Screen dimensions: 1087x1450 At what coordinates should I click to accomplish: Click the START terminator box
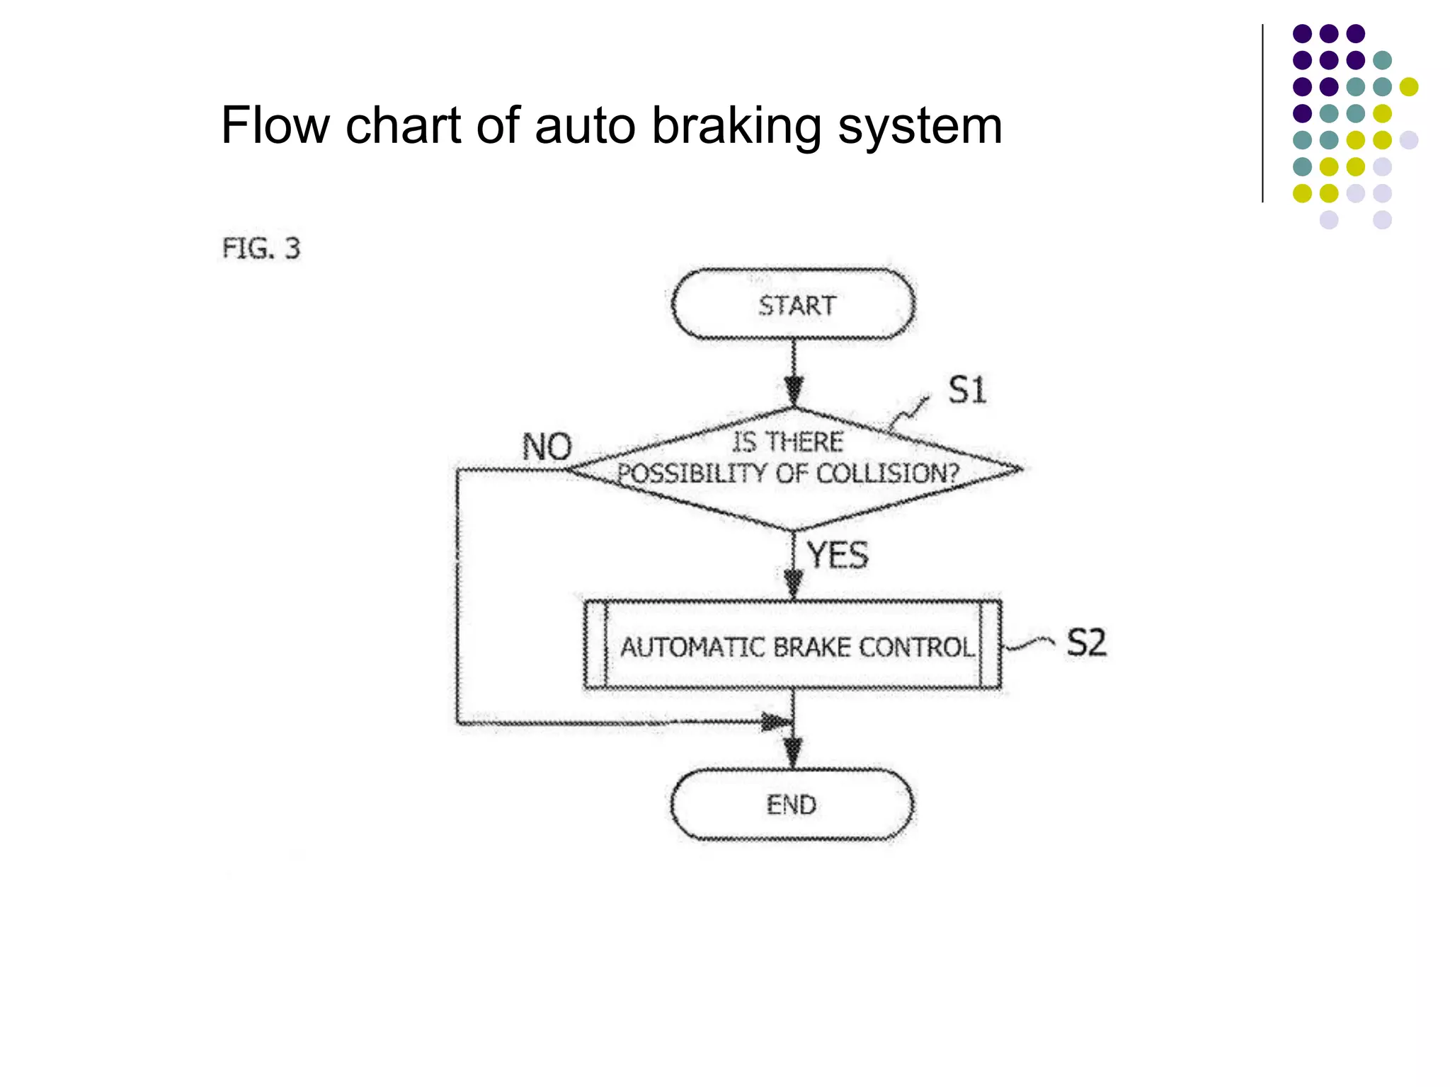tap(793, 304)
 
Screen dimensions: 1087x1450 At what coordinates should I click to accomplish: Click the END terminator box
tap(792, 805)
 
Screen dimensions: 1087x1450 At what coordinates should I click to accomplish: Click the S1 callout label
tap(966, 390)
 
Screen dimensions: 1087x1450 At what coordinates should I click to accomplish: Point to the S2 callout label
tap(1086, 643)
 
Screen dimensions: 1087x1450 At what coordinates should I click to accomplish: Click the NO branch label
tap(547, 447)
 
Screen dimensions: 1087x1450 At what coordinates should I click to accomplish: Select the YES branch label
tap(838, 555)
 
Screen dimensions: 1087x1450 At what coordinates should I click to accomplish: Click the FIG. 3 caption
tap(261, 248)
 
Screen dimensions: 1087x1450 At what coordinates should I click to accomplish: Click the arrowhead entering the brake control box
tap(794, 584)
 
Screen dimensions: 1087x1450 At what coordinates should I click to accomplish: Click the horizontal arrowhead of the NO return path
tap(775, 723)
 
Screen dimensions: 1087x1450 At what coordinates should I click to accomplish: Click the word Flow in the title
tap(275, 125)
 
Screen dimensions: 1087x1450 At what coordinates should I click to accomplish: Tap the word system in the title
tap(920, 125)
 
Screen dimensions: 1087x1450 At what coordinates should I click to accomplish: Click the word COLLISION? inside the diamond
tap(888, 473)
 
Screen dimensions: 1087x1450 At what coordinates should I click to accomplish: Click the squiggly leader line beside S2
tap(1030, 643)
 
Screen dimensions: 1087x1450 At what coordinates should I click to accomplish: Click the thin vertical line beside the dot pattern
tap(1262, 113)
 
